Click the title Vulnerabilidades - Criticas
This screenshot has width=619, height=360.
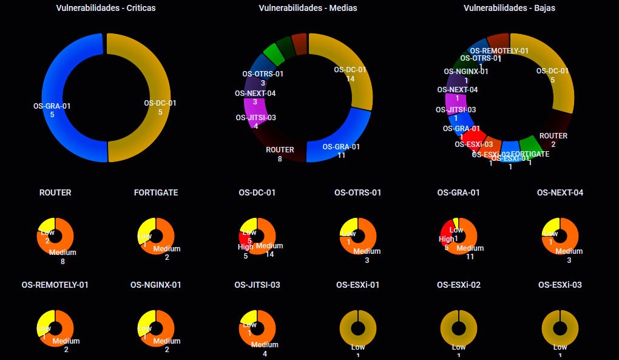[106, 8]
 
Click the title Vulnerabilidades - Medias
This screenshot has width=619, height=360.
[308, 8]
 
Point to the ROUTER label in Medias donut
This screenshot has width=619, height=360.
[280, 150]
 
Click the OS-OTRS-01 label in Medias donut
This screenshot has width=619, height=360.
[263, 74]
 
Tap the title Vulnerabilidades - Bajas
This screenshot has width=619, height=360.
[509, 8]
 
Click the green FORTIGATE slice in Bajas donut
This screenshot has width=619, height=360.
[530, 146]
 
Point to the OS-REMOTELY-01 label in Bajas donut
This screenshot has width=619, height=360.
[499, 51]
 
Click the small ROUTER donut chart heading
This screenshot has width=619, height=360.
[55, 192]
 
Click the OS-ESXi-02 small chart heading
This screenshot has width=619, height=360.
[459, 285]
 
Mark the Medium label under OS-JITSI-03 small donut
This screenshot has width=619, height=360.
[265, 345]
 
